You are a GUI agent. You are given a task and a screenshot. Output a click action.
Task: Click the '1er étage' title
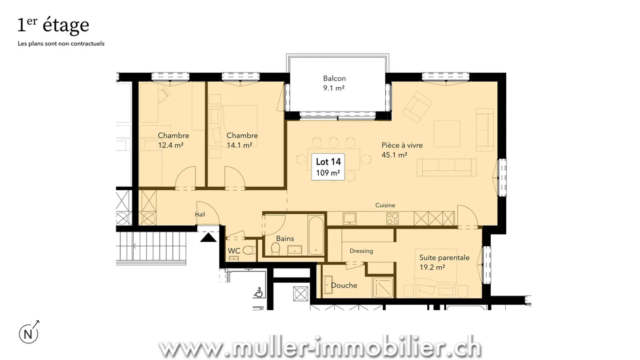tap(53, 25)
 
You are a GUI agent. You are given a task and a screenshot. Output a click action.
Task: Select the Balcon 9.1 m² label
tap(334, 83)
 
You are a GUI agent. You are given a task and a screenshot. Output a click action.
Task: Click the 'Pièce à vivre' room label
tap(402, 145)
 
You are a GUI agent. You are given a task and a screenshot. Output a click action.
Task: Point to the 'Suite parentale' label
tap(444, 258)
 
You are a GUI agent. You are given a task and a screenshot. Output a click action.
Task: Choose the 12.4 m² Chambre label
tap(173, 140)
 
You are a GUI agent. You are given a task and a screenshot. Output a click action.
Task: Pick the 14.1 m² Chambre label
tap(242, 140)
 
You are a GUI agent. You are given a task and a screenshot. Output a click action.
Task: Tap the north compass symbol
tap(28, 332)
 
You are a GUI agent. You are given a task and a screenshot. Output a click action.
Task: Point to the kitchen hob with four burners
tap(392, 218)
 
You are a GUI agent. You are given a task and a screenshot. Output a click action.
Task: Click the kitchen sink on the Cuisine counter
tap(349, 218)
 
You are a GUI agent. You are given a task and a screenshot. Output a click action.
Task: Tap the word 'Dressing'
tap(361, 251)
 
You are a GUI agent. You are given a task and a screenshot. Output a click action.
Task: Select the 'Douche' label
tap(344, 285)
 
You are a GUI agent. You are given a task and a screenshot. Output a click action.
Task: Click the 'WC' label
tap(234, 251)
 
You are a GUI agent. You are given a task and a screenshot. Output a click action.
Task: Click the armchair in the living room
tap(417, 107)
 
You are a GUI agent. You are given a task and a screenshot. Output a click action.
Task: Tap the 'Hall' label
tap(200, 215)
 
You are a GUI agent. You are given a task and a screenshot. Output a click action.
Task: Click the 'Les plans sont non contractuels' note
tap(61, 44)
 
